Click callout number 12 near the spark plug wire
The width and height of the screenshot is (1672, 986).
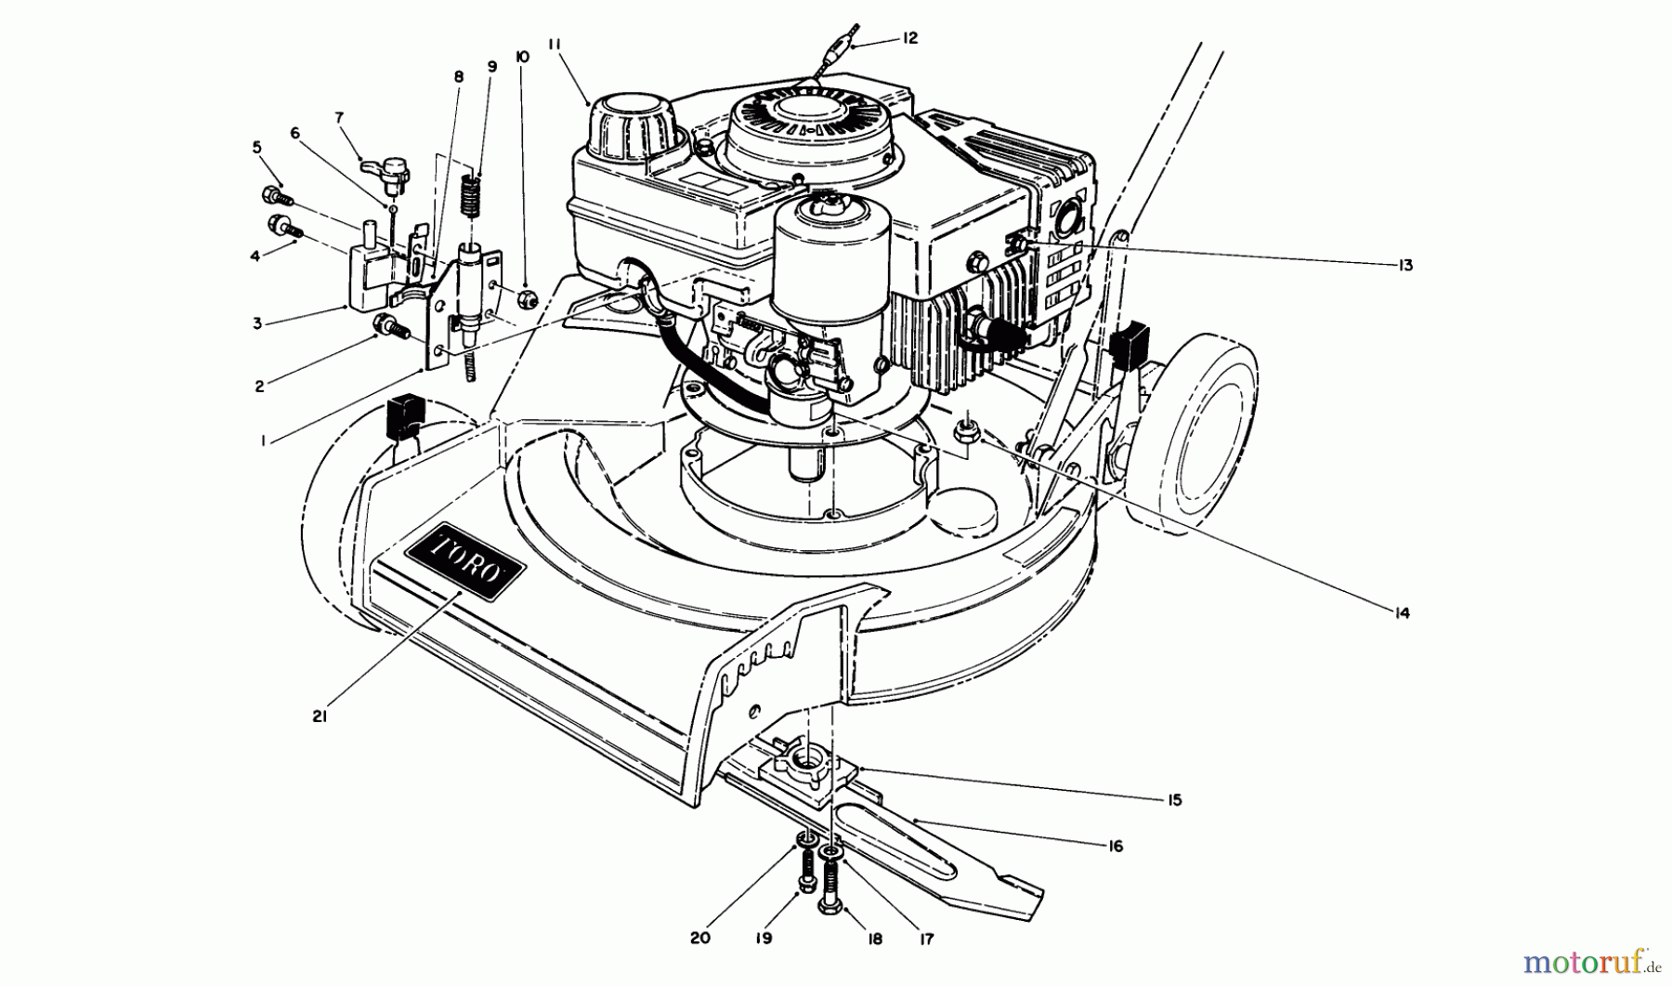click(x=909, y=38)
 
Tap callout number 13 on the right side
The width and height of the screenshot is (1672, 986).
click(x=1404, y=266)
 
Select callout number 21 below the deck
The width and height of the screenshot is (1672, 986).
click(x=319, y=717)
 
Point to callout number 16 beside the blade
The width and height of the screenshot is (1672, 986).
click(x=1116, y=846)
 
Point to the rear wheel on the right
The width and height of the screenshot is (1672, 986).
click(x=1208, y=428)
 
